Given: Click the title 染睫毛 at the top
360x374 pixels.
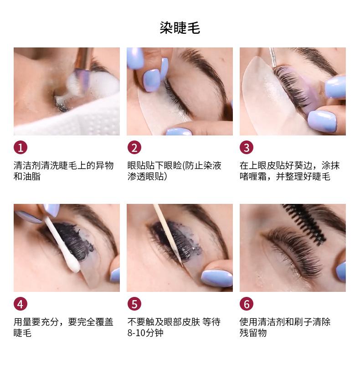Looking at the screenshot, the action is pos(180,28).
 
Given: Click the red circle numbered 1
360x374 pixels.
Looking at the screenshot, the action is pos(21,148).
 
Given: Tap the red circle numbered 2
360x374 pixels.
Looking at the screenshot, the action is pos(134,148).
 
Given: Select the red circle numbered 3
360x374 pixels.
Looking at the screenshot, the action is pos(247,148).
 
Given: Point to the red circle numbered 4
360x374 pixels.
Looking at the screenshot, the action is pos(21,304).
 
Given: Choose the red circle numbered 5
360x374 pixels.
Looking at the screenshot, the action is pos(134,304).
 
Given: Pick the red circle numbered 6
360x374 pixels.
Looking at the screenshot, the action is pos(247,304).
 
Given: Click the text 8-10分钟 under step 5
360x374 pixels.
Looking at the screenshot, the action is pos(145,333).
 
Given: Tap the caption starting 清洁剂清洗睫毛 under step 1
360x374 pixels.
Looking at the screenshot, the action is pos(63,171).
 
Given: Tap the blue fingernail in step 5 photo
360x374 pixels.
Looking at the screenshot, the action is pos(217,278).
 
